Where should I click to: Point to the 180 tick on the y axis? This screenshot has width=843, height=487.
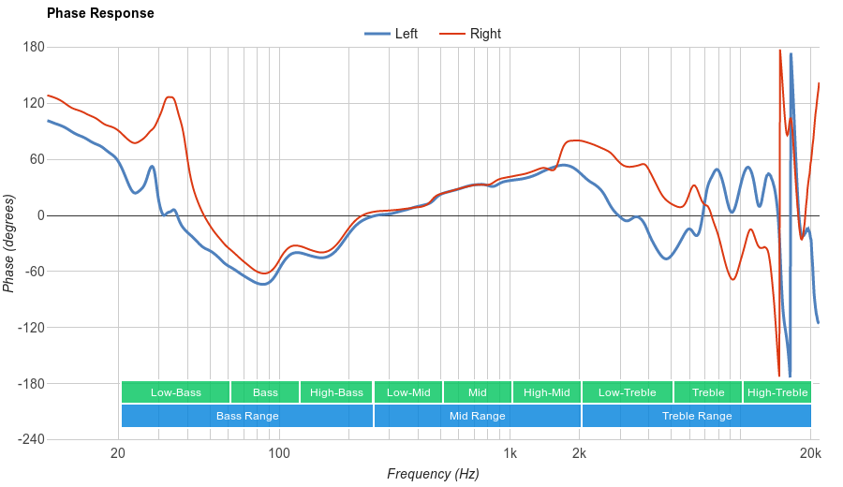(x=34, y=47)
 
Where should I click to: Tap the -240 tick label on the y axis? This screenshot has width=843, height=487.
(x=30, y=440)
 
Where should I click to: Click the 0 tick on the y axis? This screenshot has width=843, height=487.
(x=40, y=215)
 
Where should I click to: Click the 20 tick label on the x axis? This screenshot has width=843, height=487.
(x=118, y=454)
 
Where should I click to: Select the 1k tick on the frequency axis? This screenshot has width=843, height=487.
(x=510, y=454)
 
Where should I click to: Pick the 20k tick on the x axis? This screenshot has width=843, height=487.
(x=811, y=454)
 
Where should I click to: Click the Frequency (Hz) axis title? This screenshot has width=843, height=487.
(x=433, y=474)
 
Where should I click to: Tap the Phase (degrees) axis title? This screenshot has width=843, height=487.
(x=9, y=243)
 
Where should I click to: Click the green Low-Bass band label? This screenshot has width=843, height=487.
(x=175, y=392)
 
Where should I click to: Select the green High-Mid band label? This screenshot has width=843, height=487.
(x=547, y=392)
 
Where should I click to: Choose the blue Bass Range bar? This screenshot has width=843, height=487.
(x=247, y=416)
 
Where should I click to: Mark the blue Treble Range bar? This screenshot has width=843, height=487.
(x=697, y=416)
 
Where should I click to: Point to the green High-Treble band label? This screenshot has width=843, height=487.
(x=777, y=392)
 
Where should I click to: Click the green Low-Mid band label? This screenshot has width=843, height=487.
(x=408, y=392)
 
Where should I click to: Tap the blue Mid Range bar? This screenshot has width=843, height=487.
(x=478, y=416)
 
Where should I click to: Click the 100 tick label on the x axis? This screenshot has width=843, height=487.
(x=279, y=454)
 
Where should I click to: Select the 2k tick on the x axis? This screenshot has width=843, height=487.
(x=580, y=454)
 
